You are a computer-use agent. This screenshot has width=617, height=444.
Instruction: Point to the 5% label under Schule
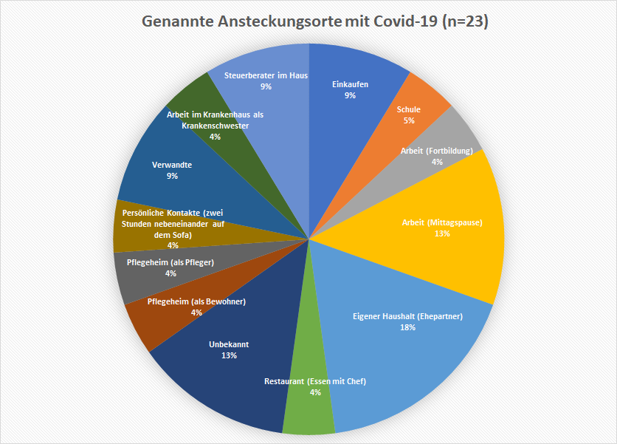[409, 120]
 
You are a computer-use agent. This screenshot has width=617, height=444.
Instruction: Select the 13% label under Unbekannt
[228, 355]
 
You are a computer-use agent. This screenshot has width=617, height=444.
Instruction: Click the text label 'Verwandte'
[172, 165]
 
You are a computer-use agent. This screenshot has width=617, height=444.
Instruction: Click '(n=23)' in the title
[465, 22]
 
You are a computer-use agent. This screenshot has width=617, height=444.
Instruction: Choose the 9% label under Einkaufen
[350, 95]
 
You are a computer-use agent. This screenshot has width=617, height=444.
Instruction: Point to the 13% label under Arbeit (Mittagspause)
[442, 233]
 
